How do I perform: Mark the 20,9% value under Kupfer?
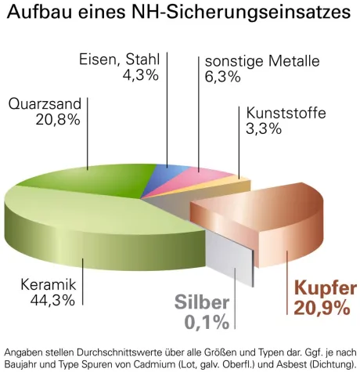click(322, 309)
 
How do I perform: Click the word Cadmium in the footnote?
click(157, 364)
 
